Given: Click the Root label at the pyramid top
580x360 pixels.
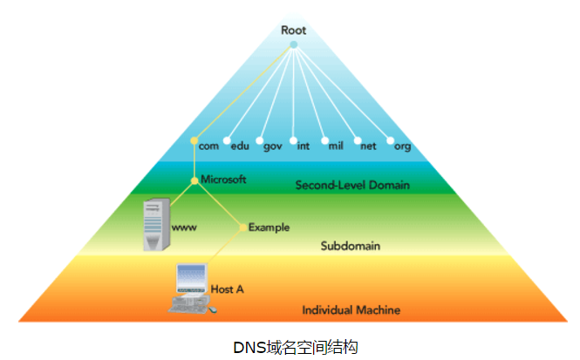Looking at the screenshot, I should tap(293, 30).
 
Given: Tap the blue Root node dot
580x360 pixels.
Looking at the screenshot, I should tap(293, 44).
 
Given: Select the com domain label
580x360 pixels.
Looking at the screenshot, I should tap(208, 146).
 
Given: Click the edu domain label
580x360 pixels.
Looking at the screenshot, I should tap(240, 146).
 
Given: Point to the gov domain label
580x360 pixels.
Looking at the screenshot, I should tap(273, 146).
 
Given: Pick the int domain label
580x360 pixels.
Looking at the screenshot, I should tap(304, 146).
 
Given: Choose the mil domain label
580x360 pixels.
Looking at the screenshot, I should tap(336, 146).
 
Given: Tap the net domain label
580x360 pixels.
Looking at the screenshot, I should tap(368, 146).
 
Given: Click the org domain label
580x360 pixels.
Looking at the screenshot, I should tap(402, 146).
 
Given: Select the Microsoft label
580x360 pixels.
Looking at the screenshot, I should tap(224, 180).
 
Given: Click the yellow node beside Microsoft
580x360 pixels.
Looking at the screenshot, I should tap(195, 181).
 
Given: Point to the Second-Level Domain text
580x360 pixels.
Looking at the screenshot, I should tap(352, 185).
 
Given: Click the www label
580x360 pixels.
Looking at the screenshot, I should tap(184, 228).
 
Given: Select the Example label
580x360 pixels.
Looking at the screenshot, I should tap(269, 228).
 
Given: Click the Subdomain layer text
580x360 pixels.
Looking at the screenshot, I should tap(349, 246).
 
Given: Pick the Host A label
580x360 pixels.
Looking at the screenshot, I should tap(222, 288).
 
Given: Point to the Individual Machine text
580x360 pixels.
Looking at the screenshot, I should tap(351, 309).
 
